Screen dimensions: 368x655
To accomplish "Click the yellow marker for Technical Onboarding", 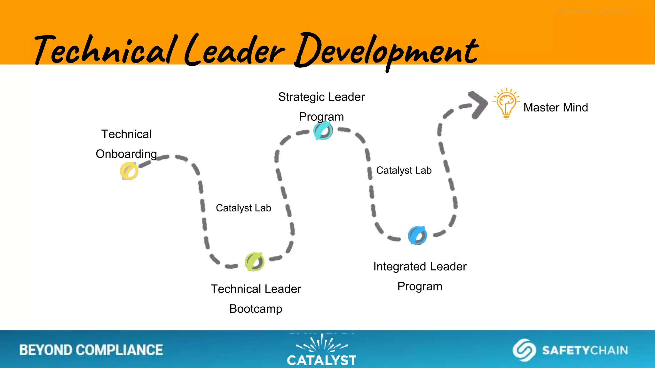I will tap(129, 171).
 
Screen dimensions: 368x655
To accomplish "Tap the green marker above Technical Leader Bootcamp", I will tap(255, 262).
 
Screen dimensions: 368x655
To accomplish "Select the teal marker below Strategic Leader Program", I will tap(323, 131).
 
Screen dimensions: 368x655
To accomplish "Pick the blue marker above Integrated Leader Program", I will tap(417, 235).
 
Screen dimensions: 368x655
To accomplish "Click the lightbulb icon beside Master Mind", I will tap(506, 103).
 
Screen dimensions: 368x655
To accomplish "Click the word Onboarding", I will tap(126, 154).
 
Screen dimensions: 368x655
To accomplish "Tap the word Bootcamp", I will tap(256, 309).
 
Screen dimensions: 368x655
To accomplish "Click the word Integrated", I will tap(400, 267).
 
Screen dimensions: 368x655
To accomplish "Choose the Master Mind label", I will tap(556, 108).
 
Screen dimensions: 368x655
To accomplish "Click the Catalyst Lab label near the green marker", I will tap(243, 208).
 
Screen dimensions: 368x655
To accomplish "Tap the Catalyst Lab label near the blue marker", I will tap(404, 170).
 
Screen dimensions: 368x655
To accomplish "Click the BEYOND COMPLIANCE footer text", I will tap(91, 350).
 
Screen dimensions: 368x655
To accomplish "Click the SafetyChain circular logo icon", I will tap(524, 350).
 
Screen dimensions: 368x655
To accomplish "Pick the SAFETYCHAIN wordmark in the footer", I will tap(585, 350).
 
